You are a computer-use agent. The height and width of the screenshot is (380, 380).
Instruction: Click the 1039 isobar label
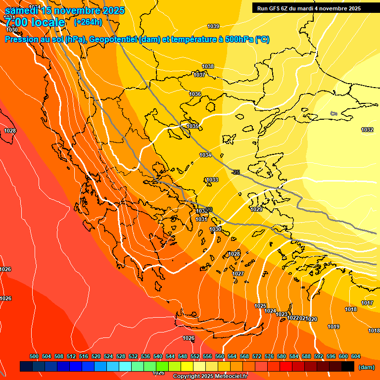pyautogui.click(x=213, y=26)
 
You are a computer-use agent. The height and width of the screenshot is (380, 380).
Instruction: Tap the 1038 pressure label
pyautogui.click(x=208, y=66)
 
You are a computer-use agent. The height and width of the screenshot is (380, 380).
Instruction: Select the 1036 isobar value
pyautogui.click(x=195, y=94)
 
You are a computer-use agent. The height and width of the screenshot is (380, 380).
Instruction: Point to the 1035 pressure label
pyautogui.click(x=192, y=127)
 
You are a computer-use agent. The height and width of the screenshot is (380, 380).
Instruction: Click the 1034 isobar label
pyautogui.click(x=205, y=155)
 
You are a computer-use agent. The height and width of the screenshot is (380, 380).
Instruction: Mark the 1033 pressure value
pyautogui.click(x=212, y=180)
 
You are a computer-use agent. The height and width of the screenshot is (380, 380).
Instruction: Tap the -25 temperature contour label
pyautogui.click(x=236, y=172)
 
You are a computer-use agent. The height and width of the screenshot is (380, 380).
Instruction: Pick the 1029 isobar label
pyautogui.click(x=256, y=210)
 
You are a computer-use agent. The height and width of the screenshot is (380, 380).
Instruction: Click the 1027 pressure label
pyautogui.click(x=238, y=274)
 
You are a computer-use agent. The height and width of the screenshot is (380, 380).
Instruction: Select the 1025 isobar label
pyautogui.click(x=260, y=306)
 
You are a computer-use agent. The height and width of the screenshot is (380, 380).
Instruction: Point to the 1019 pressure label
pyautogui.click(x=333, y=327)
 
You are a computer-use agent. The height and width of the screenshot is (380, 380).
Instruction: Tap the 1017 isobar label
pyautogui.click(x=367, y=303)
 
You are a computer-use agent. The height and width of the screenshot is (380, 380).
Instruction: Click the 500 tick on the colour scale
pyautogui.click(x=34, y=357)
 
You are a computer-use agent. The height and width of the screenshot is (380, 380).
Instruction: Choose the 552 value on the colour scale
pyautogui.click(x=195, y=357)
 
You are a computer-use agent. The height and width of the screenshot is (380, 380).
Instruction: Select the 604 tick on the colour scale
pyautogui.click(x=356, y=357)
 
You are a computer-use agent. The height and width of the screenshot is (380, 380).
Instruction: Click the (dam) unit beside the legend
pyautogui.click(x=366, y=367)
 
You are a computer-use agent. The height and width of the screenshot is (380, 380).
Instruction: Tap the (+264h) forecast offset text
pyautogui.click(x=88, y=22)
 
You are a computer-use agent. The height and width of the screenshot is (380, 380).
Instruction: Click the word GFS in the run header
pyautogui.click(x=274, y=8)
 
